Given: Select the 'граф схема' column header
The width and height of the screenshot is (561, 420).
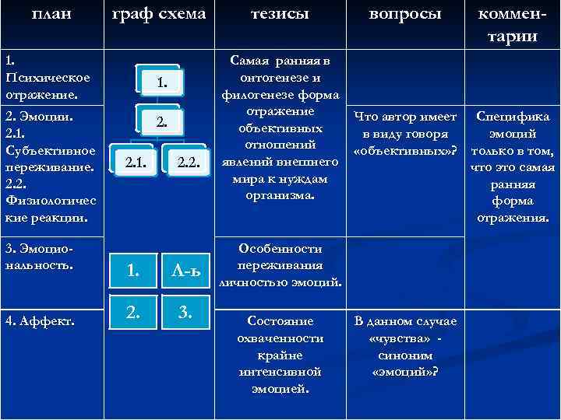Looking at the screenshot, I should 159,14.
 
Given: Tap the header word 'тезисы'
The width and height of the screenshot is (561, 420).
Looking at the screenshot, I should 280,14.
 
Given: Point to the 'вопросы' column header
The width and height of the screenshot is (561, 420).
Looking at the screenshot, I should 404,14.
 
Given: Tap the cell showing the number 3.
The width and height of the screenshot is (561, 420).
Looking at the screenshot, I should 185,313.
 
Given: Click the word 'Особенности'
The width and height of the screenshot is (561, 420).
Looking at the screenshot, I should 280,249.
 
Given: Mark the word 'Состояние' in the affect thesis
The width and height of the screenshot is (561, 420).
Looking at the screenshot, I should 280,320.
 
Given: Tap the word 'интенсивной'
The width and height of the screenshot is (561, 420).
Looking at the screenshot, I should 280,372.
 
